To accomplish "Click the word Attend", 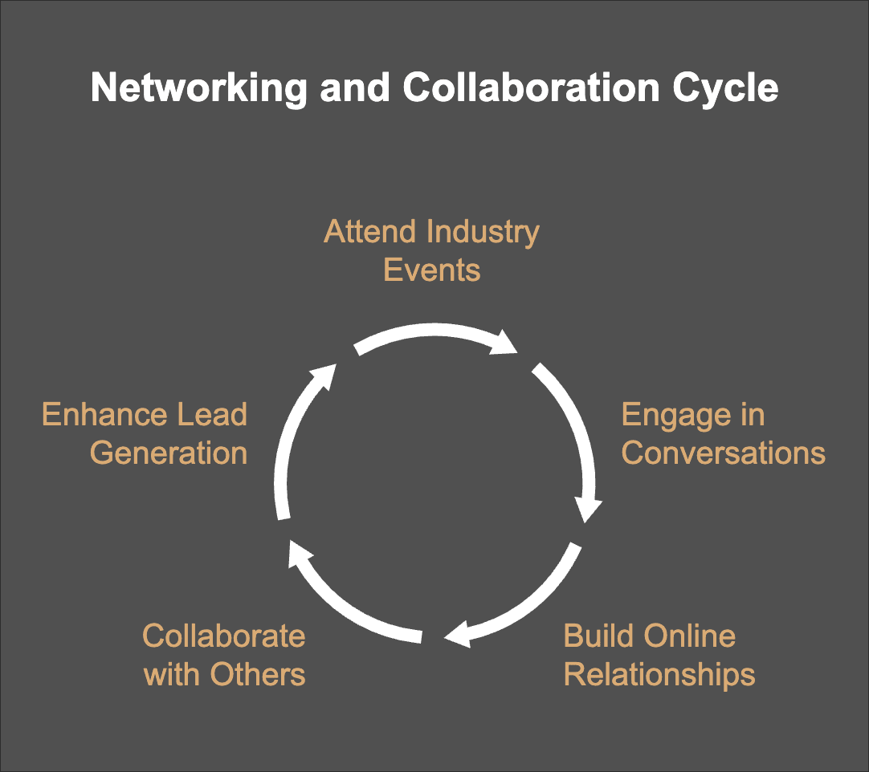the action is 371,232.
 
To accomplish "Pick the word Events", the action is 432,270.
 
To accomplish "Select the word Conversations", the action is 723,453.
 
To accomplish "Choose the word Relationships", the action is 659,674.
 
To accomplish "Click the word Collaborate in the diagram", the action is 224,636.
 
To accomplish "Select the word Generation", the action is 169,453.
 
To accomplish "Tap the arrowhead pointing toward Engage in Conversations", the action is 506,343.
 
